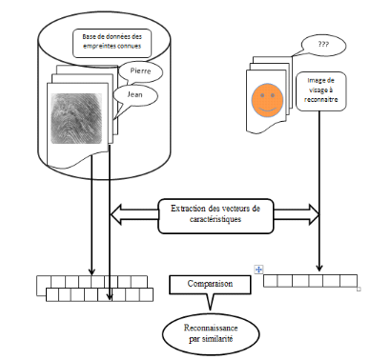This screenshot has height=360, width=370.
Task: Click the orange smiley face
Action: point(267,100)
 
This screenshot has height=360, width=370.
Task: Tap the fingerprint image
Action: point(76,118)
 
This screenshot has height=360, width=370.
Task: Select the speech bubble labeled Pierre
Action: point(140,72)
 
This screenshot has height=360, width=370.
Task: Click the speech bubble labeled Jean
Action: point(134,96)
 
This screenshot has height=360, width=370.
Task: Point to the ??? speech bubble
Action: point(323,45)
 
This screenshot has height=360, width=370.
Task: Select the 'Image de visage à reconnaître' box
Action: point(320,91)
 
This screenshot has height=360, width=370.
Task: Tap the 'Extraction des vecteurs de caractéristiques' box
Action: point(216,216)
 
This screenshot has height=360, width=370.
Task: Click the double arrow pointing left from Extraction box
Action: point(134,215)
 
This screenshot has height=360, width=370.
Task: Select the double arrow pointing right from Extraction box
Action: point(297,215)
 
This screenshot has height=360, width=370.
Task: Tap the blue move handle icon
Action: point(258,270)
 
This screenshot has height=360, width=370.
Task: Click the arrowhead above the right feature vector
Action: point(319,268)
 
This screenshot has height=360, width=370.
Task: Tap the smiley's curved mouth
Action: point(267,110)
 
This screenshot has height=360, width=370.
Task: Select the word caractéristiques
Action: point(216,219)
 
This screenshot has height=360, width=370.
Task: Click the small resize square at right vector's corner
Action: point(359,289)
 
